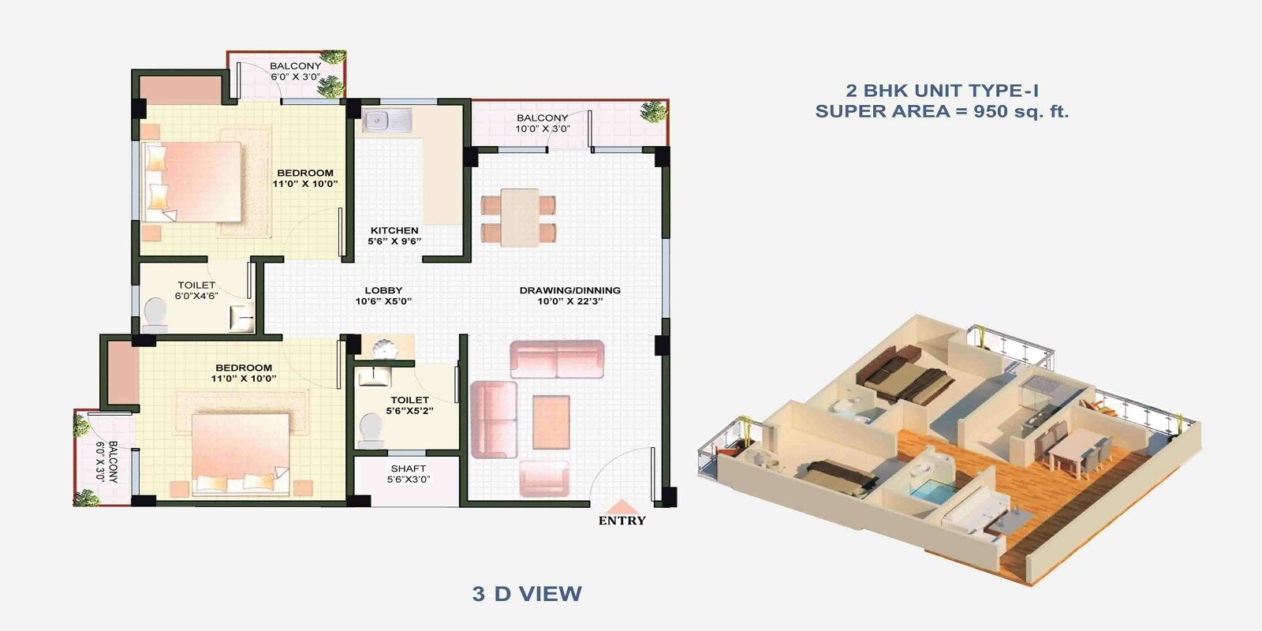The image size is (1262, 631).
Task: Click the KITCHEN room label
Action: point(394,230)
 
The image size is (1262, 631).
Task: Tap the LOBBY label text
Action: point(383,290)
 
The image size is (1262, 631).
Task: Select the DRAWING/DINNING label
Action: point(569,290)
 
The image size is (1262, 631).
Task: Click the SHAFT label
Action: point(408,469)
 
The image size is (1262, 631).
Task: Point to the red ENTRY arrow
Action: point(622,507)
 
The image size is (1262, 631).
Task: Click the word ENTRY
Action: point(622,521)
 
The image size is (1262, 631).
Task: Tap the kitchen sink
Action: point(386,121)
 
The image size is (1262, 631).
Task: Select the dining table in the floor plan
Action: point(519,216)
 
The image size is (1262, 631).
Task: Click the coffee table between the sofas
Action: point(551,422)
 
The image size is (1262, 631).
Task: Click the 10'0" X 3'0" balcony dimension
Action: point(543,129)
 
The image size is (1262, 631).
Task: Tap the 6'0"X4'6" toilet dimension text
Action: point(196,296)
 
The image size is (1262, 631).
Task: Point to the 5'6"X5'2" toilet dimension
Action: point(409,410)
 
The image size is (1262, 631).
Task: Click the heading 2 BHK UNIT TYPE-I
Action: point(942,91)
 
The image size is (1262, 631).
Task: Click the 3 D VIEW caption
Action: point(527,594)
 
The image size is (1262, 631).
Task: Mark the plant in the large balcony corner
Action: point(653,112)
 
